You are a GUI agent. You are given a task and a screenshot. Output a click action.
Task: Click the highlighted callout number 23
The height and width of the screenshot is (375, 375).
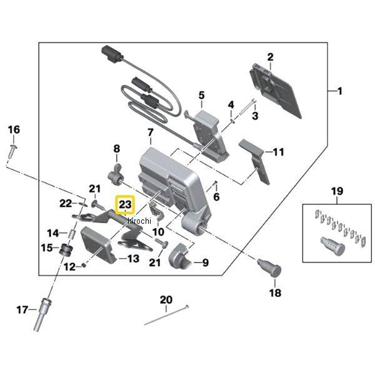click(125, 204)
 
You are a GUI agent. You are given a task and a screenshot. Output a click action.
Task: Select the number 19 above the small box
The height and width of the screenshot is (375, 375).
click(337, 190)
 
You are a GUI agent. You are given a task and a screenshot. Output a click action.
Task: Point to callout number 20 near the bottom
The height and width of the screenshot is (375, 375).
click(165, 299)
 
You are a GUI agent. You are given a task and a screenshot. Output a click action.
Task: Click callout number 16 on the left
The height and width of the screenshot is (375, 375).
click(14, 129)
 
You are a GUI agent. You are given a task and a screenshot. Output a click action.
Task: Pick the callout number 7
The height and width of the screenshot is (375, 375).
click(150, 132)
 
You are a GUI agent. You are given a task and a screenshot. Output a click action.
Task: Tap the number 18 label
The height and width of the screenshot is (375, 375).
click(275, 292)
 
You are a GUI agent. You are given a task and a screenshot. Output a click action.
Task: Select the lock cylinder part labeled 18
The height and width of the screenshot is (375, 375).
click(269, 267)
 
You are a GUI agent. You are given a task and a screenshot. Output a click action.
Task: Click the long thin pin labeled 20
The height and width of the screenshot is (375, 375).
click(166, 317)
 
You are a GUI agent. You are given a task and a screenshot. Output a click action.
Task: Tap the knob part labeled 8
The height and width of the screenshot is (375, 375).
click(117, 177)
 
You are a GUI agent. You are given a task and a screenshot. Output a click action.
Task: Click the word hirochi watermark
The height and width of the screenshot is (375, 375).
click(139, 221)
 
